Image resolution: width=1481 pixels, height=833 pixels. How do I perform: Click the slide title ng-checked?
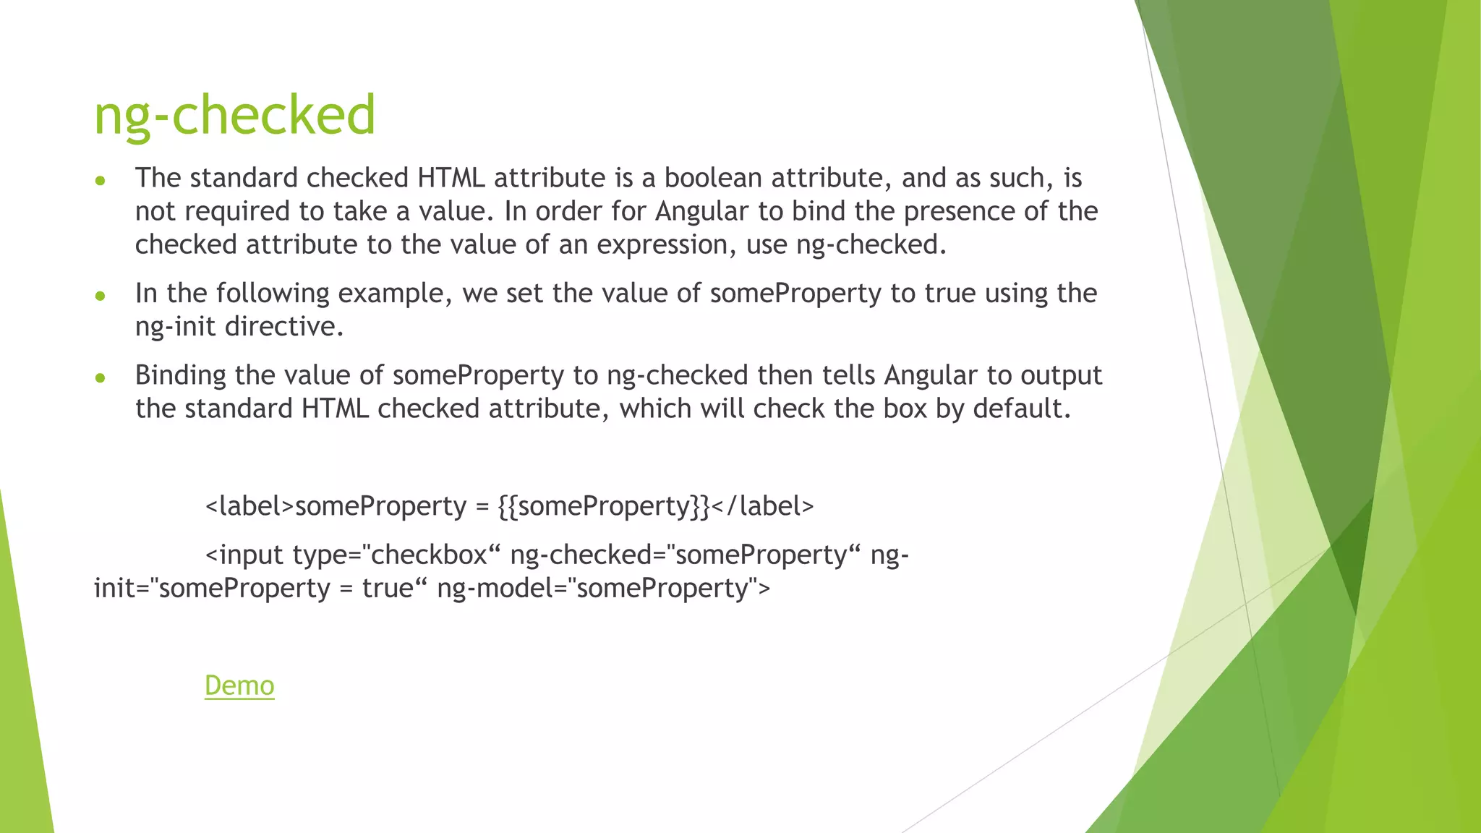coord(235,115)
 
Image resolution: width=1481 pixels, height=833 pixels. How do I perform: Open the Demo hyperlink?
coord(239,685)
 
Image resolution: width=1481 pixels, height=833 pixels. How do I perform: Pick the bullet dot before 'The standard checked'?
coord(101,180)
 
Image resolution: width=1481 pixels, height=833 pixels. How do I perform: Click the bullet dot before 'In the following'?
coord(101,296)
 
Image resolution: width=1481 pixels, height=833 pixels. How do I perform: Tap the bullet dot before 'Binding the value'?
coord(101,377)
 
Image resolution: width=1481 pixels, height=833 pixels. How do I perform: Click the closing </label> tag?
coord(763,506)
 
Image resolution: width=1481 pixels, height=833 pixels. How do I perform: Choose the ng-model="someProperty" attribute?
coord(604,588)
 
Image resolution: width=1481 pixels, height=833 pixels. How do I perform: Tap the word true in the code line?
coord(388,588)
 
